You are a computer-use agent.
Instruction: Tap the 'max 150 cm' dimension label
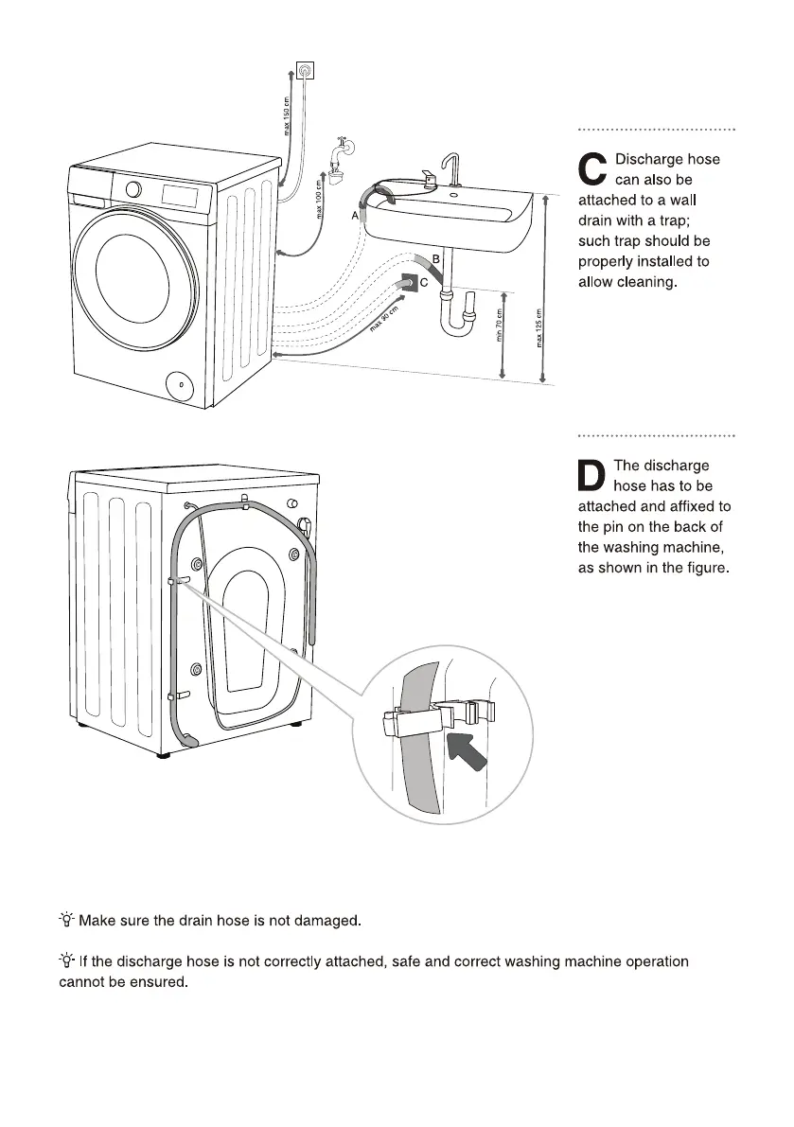[x=288, y=114]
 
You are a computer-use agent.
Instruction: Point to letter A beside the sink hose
[x=356, y=216]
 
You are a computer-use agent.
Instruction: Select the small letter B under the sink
[x=436, y=258]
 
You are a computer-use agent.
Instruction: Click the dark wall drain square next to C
[x=408, y=282]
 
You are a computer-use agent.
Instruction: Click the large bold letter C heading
[x=592, y=169]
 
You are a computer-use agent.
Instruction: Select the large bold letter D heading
[x=592, y=476]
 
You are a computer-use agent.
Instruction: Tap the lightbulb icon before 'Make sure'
[x=66, y=919]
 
